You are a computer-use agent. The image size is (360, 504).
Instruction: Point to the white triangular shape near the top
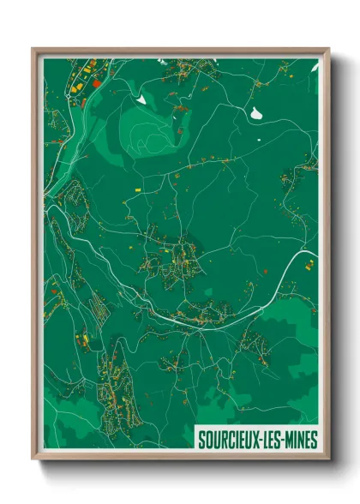[141, 99]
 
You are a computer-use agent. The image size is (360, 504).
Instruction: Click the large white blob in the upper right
[255, 112]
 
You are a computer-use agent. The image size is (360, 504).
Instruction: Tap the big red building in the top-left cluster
[97, 84]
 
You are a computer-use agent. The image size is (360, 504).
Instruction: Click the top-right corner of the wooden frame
[327, 50]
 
